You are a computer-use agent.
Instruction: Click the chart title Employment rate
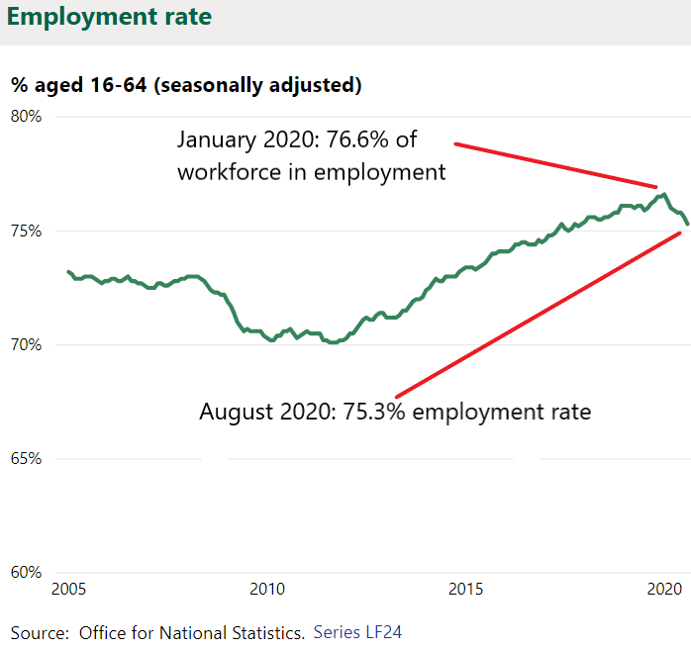click(109, 17)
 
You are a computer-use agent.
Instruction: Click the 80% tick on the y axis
click(26, 117)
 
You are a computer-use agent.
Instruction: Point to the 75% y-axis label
click(26, 231)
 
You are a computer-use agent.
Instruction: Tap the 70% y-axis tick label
click(26, 344)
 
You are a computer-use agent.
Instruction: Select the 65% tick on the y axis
click(26, 458)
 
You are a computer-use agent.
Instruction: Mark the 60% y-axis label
click(26, 572)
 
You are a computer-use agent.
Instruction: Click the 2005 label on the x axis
click(68, 589)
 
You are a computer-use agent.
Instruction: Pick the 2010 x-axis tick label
click(267, 589)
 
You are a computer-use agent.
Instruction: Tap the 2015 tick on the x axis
click(466, 589)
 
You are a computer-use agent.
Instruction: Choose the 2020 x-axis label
click(664, 589)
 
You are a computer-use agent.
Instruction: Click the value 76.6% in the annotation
click(357, 139)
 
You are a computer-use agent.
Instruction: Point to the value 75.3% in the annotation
click(373, 412)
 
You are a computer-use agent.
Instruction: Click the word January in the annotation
click(217, 140)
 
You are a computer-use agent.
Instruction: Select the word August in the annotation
click(237, 413)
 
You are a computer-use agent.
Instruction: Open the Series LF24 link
click(357, 632)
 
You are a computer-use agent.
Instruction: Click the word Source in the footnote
click(40, 633)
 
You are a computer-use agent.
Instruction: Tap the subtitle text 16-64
click(118, 84)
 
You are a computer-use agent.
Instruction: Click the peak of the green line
click(663, 194)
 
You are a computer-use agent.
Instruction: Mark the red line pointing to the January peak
click(555, 165)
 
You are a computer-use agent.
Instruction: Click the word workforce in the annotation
click(229, 172)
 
